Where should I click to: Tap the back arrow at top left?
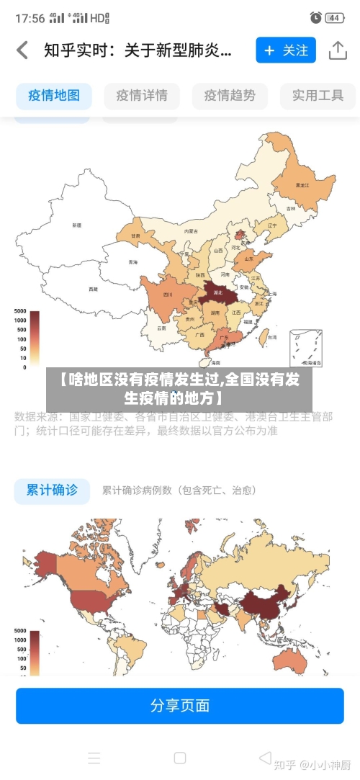(x=22, y=50)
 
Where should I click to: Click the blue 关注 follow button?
(x=286, y=50)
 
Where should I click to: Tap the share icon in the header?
(x=338, y=50)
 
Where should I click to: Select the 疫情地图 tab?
(x=54, y=95)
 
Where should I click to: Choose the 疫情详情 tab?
(x=141, y=95)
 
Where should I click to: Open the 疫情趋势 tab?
(x=230, y=95)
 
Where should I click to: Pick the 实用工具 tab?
(x=318, y=95)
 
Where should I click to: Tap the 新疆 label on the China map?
(x=76, y=225)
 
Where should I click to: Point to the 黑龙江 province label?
(x=302, y=185)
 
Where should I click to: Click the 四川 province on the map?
(x=167, y=295)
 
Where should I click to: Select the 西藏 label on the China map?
(x=93, y=289)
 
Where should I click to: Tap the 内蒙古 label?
(x=190, y=231)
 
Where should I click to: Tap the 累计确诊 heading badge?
(x=52, y=490)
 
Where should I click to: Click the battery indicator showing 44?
(x=334, y=17)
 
